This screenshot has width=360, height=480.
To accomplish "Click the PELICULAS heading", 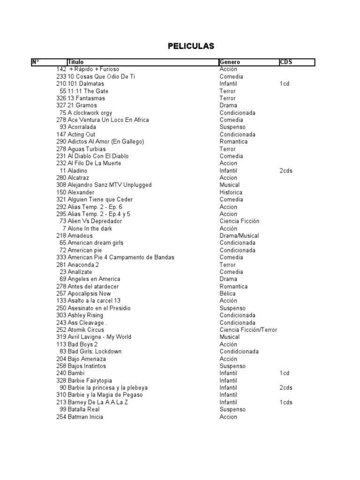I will pos(191,46).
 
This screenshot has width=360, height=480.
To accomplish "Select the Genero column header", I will pos(230,62).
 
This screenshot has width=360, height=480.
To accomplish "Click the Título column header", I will pos(75,62).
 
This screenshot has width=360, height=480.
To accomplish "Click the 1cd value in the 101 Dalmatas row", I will pos(284,83).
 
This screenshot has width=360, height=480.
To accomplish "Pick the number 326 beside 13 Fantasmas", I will pos(61,98).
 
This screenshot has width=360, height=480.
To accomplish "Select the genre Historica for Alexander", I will pos(231,192).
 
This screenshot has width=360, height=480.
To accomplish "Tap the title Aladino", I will pos(77,171).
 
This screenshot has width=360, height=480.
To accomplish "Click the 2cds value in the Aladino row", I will pos(285,171).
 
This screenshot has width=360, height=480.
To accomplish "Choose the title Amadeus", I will pos(80,235).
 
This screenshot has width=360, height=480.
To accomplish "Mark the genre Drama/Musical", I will pos(239,235).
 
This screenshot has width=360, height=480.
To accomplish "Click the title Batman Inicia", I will pos(85,417).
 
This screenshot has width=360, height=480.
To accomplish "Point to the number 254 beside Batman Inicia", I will pos(61,417).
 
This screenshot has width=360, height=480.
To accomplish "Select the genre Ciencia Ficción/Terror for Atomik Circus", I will pos(248,330).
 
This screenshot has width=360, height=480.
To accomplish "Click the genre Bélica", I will pos(228,293).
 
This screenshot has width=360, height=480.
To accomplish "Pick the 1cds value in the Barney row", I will pos(285,402).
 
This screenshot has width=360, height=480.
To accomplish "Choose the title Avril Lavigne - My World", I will pos(99,337).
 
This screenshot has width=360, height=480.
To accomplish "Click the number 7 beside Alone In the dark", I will pos(64,228).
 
